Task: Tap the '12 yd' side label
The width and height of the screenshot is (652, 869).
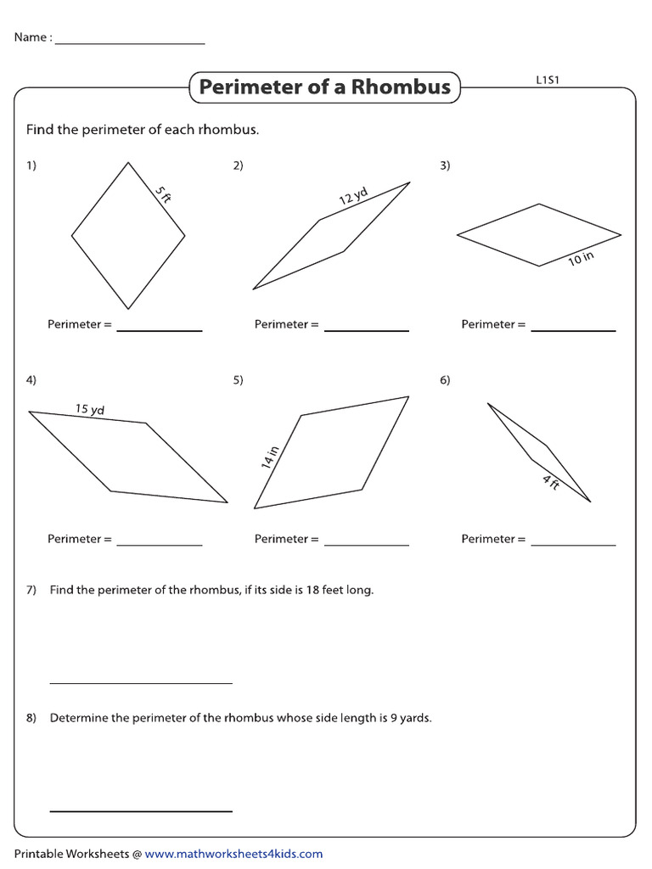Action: [353, 197]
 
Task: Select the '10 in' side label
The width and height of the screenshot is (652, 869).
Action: [581, 258]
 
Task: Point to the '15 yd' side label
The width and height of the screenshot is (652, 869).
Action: [89, 409]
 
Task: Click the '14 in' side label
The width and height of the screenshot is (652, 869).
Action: [270, 458]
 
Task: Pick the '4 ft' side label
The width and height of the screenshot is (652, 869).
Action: [551, 483]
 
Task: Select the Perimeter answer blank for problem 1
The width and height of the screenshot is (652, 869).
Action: [160, 329]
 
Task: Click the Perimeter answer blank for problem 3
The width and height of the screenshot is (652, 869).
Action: [573, 329]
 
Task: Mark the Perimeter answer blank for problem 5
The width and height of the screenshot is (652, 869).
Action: [366, 544]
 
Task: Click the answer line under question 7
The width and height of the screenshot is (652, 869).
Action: [141, 682]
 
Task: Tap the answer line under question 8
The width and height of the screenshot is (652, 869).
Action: [141, 810]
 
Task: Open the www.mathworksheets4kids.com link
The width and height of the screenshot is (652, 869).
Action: [233, 854]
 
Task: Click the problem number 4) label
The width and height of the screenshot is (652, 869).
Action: [31, 380]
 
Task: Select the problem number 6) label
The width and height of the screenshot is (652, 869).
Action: [445, 380]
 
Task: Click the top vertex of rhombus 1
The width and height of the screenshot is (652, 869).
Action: [128, 162]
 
